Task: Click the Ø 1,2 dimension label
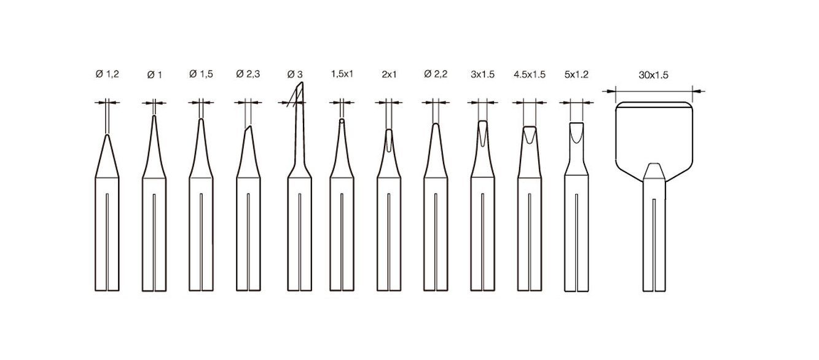coord(107,74)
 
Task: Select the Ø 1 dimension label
coord(154,75)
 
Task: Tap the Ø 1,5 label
coord(202,74)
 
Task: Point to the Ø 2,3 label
coord(248,74)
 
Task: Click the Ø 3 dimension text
coord(295,74)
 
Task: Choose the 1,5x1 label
coord(342,74)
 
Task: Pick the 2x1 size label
coord(389,74)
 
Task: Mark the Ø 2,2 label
coord(436,74)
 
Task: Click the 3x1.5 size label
coord(482,74)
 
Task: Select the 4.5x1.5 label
coord(529,74)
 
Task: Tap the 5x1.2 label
coord(576,74)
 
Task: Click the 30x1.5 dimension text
coord(653,75)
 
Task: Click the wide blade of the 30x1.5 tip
coord(654,132)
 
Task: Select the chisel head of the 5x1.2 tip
coord(576,131)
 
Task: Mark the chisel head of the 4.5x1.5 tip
coord(529,133)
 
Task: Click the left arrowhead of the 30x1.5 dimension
coord(610,91)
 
